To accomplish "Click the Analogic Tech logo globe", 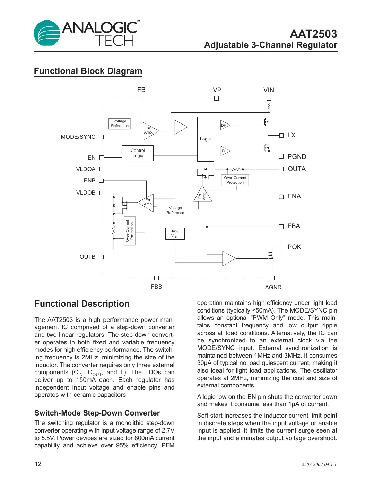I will click(47, 33).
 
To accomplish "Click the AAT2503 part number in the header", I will click(313, 34).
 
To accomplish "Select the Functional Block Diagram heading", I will click(88, 71).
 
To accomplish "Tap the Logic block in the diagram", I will click(206, 139).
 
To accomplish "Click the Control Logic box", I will click(138, 153).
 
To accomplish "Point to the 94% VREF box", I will click(175, 233).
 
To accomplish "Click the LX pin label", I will click(291, 135).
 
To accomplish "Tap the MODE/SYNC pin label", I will click(78, 137).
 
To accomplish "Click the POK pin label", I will click(294, 247).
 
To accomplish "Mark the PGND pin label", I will click(297, 157).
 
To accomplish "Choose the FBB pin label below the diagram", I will click(156, 287).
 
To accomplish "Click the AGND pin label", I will click(273, 287).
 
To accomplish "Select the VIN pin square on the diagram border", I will click(269, 98).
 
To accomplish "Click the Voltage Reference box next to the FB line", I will click(120, 123).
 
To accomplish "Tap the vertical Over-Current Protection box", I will click(130, 231).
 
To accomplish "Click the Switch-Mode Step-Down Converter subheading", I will click(97, 413).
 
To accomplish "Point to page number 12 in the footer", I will click(38, 464).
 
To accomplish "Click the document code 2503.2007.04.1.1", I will click(319, 464).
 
